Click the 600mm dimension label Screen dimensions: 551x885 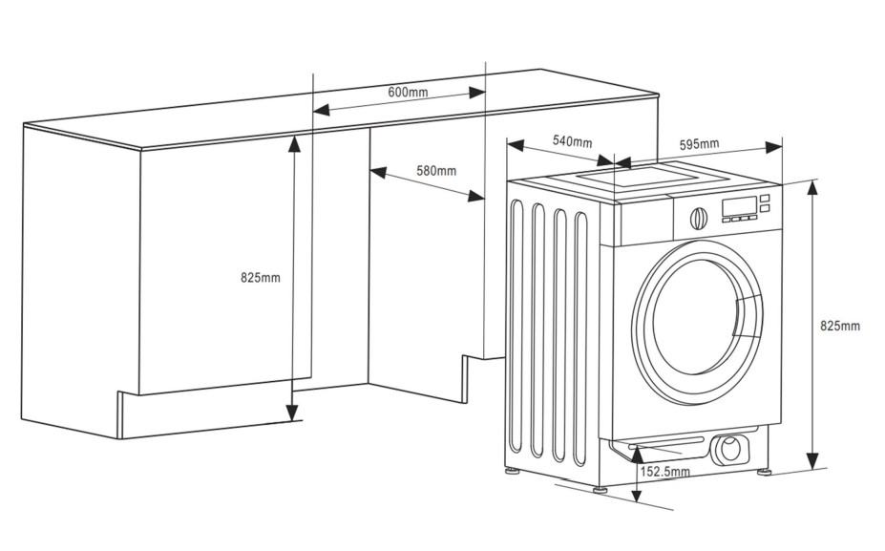pyautogui.click(x=408, y=92)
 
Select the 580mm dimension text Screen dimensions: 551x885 pyautogui.click(x=436, y=171)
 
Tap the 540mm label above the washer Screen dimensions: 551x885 pyautogui.click(x=572, y=141)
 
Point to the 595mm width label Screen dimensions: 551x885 pyautogui.click(x=699, y=144)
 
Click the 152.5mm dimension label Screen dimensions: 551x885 pyautogui.click(x=664, y=472)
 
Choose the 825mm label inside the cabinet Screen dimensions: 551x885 pyautogui.click(x=261, y=278)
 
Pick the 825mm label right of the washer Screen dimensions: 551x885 pyautogui.click(x=840, y=326)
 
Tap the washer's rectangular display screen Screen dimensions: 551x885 pyautogui.click(x=739, y=206)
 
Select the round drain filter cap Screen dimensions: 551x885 pyautogui.click(x=731, y=448)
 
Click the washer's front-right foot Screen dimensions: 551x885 pyautogui.click(x=764, y=470)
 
